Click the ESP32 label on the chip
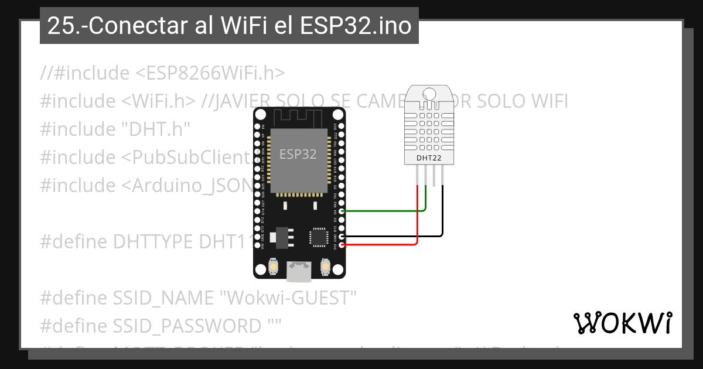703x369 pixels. click(x=298, y=155)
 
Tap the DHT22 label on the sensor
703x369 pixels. click(x=429, y=158)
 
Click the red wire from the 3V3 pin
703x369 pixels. click(x=381, y=244)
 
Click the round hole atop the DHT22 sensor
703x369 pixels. click(x=429, y=94)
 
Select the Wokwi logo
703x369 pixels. click(x=623, y=323)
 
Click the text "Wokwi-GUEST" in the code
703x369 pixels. click(x=288, y=298)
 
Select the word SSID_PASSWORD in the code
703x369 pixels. click(x=187, y=326)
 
